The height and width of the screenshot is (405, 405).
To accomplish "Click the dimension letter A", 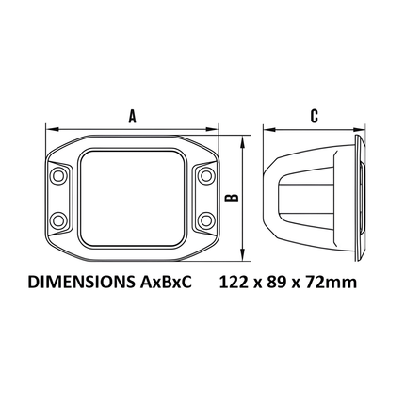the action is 133,116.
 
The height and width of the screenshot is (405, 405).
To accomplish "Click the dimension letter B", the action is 233,197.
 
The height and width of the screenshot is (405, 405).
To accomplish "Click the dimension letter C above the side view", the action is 315,116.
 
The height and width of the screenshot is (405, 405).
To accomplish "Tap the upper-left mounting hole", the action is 57,175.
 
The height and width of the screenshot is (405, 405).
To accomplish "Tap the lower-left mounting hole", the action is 57,219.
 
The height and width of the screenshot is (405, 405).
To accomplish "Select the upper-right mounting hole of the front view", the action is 206,175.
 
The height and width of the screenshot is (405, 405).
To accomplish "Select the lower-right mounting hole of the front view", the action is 206,219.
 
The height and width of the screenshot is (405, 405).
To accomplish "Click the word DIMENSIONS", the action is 80,282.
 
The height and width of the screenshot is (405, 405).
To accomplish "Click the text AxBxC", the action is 164,282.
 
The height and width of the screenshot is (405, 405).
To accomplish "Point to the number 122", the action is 234,282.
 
